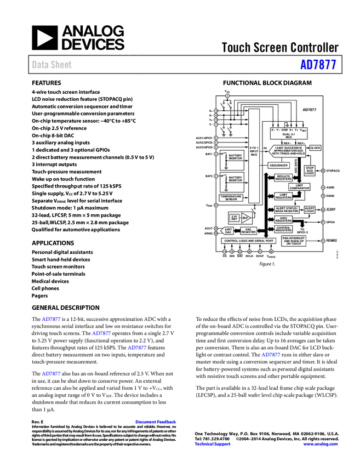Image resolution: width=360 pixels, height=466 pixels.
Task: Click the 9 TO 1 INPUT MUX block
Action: (x=254, y=151)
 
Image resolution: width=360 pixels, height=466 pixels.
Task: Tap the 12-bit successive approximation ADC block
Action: (x=288, y=150)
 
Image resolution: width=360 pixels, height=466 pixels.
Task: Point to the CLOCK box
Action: (x=315, y=148)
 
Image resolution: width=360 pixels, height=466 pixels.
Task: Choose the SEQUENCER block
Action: (x=278, y=165)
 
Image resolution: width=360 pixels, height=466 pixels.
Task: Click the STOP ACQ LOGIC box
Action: (x=310, y=171)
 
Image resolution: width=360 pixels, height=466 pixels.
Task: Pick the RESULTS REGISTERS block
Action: (x=283, y=177)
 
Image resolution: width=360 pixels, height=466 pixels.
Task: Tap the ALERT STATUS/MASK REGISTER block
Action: (x=287, y=210)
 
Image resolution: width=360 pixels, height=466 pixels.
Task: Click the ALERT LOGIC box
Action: (x=310, y=209)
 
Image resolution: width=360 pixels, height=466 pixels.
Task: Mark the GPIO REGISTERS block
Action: (x=283, y=219)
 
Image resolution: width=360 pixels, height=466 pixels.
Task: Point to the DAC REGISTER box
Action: (x=248, y=231)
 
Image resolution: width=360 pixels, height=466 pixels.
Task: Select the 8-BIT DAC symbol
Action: (x=228, y=231)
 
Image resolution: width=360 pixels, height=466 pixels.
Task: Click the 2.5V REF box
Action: (x=234, y=218)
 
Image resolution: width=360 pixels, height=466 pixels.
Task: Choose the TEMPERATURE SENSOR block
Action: (x=231, y=198)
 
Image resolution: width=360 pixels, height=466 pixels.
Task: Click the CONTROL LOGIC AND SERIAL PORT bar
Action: (x=248, y=241)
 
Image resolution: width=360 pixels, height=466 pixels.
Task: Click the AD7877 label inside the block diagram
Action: (x=310, y=110)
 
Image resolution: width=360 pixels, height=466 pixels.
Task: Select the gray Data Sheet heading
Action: (x=52, y=65)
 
